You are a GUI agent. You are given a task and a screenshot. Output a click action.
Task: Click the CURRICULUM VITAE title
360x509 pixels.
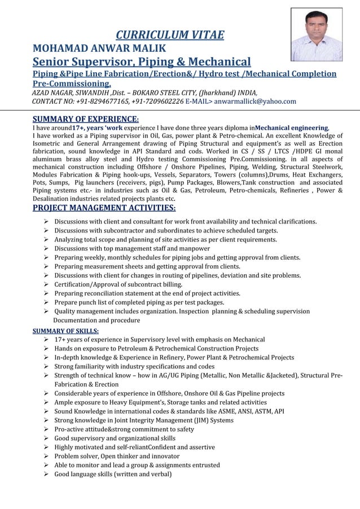169,36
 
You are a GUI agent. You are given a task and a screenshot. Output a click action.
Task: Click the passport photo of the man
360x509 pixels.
316,34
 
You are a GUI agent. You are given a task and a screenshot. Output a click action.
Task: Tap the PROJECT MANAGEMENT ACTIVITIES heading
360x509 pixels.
104,209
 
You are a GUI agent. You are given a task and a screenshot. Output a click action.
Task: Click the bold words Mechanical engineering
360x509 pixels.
292,128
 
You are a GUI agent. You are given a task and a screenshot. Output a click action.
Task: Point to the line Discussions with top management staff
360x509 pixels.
132,248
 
